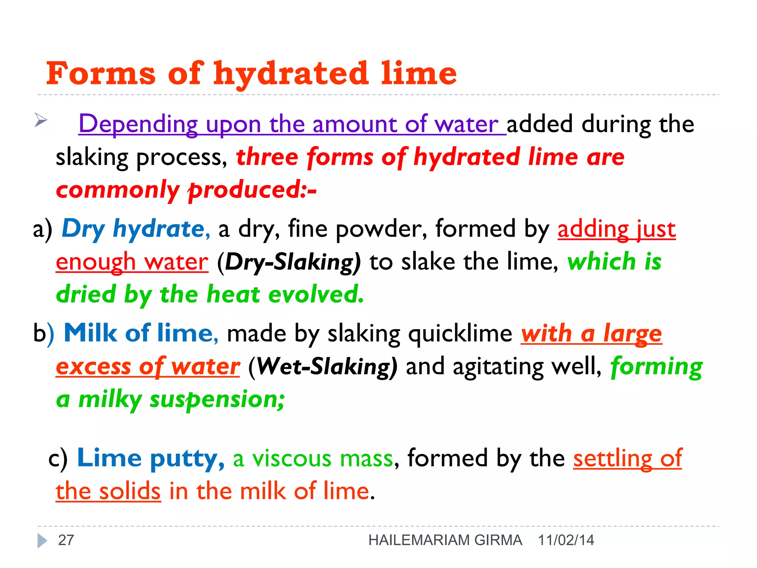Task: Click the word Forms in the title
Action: point(101,73)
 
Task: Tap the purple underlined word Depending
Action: point(138,124)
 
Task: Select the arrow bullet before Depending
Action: point(41,120)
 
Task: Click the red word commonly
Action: point(117,190)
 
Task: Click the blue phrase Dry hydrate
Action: point(133,229)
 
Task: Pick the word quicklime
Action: point(460,334)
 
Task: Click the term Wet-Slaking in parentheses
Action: point(323,367)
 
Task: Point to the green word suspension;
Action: point(217,400)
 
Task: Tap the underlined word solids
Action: point(129,492)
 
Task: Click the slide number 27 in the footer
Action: point(66,540)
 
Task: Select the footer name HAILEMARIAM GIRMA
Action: point(445,540)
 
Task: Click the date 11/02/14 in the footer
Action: point(566,540)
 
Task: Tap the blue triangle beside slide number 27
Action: point(42,541)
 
